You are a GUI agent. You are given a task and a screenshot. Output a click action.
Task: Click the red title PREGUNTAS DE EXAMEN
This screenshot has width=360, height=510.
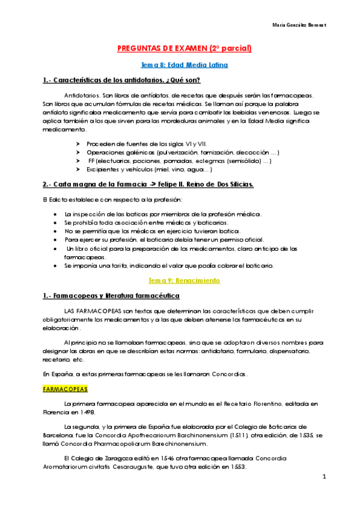180,48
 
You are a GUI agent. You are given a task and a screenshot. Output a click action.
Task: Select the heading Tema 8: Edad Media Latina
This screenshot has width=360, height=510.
180,64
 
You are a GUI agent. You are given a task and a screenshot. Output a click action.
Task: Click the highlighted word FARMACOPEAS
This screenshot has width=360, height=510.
66,389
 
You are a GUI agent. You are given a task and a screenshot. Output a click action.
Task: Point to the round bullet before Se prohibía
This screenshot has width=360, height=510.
55,223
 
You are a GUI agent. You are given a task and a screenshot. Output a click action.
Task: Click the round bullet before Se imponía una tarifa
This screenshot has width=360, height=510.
55,265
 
